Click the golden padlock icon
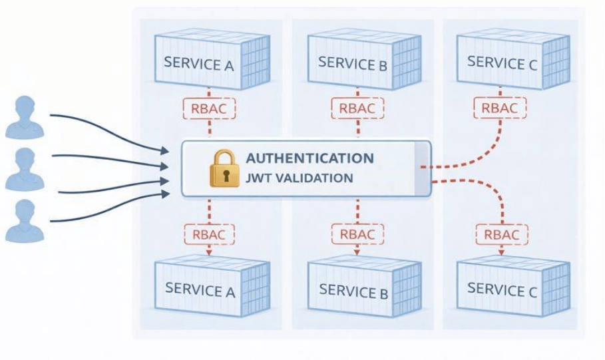(x=224, y=168)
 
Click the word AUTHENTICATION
(x=309, y=158)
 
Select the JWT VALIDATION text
(x=299, y=178)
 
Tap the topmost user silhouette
(x=25, y=117)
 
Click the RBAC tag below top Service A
(x=210, y=108)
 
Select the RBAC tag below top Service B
(x=357, y=108)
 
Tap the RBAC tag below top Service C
(x=500, y=107)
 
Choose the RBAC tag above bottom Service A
(x=210, y=234)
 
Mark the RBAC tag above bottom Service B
(x=357, y=234)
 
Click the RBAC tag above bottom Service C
(x=501, y=235)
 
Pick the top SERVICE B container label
(x=352, y=63)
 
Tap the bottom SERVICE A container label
(x=200, y=289)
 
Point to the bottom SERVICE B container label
(x=353, y=290)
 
